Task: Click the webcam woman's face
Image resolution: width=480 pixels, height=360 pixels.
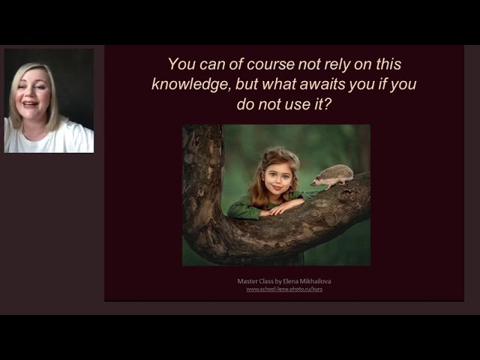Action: coord(32,95)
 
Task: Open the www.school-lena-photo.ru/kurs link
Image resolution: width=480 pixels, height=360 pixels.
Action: coord(284,289)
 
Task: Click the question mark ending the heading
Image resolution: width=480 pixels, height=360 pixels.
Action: coord(327,105)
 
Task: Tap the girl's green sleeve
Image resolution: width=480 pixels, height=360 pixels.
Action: coord(244,208)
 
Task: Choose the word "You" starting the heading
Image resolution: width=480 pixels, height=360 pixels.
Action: coord(181,64)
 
